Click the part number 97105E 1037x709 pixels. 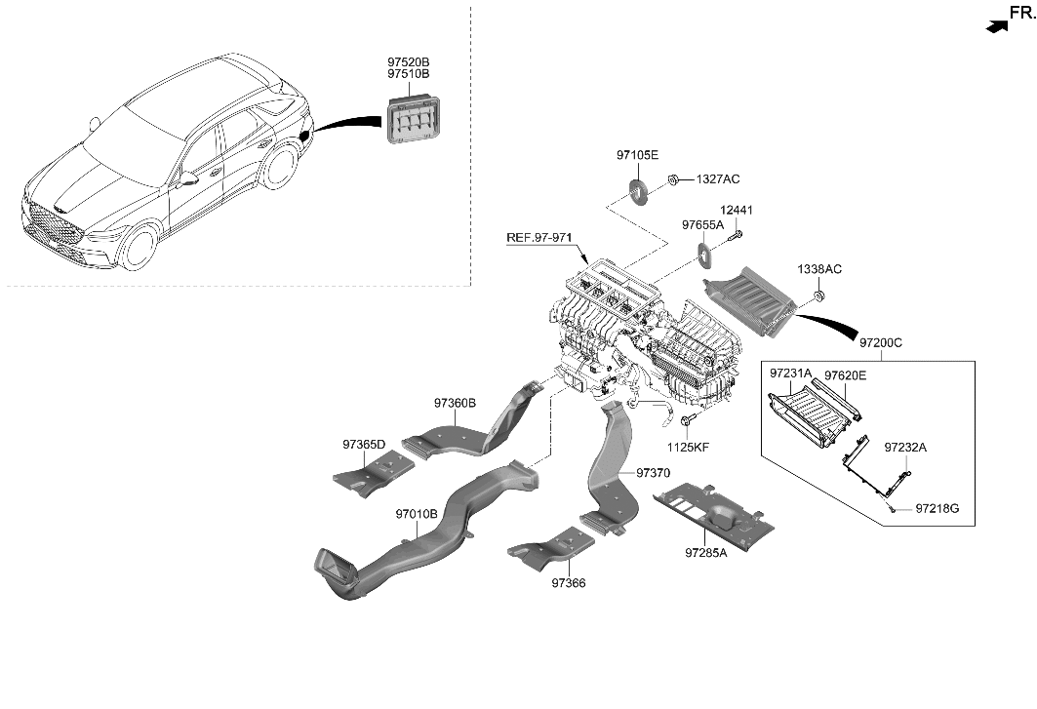tap(637, 155)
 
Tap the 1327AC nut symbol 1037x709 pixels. tap(674, 179)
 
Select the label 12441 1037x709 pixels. tap(737, 211)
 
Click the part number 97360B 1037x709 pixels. tap(455, 402)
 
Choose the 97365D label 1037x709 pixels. tap(364, 445)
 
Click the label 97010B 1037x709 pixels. tap(417, 513)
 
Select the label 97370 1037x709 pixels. tap(654, 472)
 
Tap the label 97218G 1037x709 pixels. tap(937, 509)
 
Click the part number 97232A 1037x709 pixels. tap(905, 448)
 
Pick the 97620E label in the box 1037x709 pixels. tap(845, 374)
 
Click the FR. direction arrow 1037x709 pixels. tap(995, 28)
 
